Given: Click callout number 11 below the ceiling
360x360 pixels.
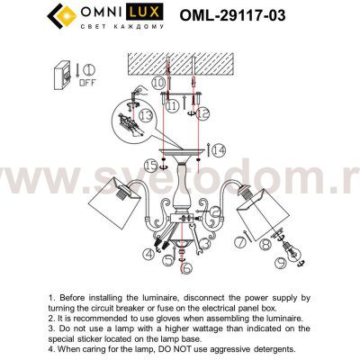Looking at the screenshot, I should click(x=172, y=105).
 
